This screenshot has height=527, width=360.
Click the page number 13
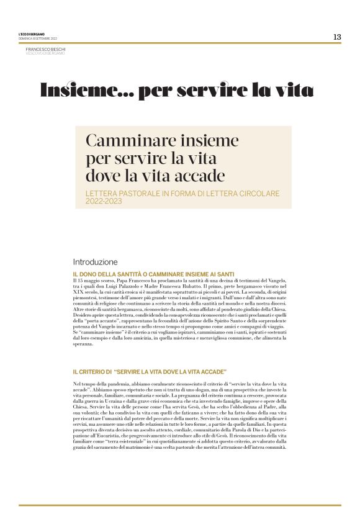tap(336, 37)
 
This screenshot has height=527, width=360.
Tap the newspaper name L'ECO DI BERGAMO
tap(31, 34)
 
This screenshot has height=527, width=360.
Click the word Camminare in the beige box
tap(122, 140)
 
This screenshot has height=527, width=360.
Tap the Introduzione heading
tap(95, 263)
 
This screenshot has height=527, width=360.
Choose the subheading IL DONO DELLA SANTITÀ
tap(118, 274)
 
